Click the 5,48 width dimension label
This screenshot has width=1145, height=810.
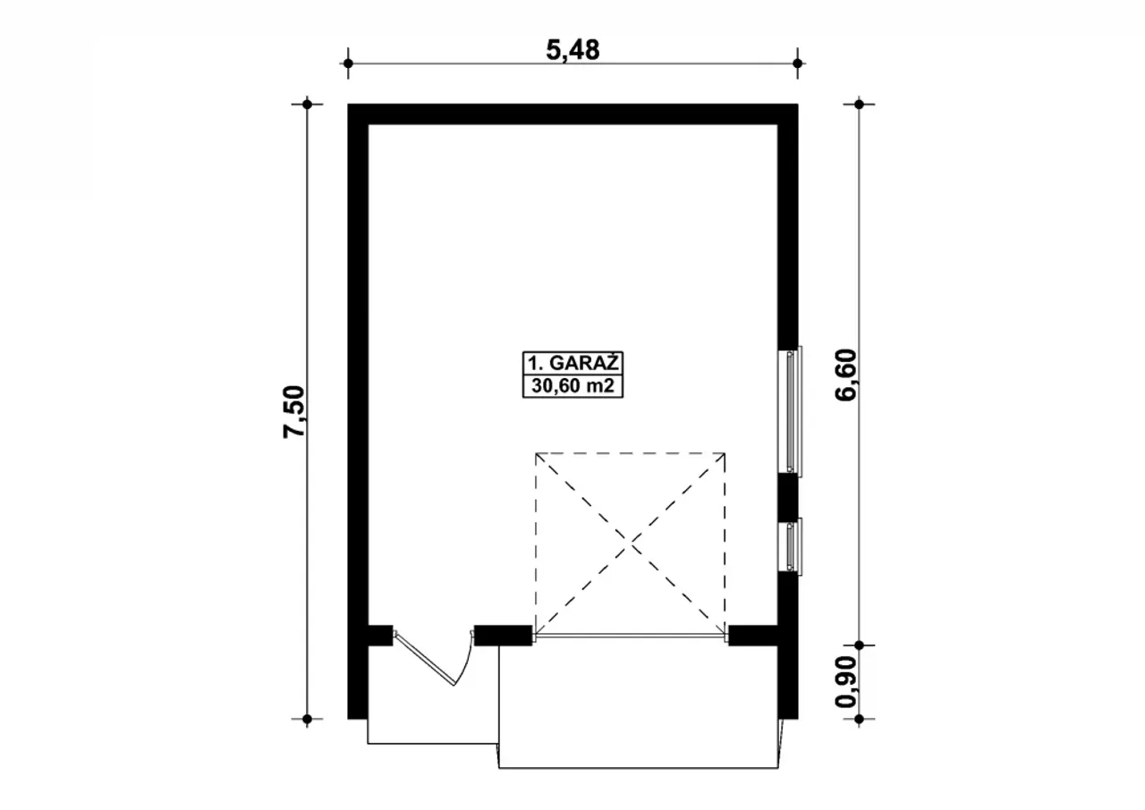(x=572, y=51)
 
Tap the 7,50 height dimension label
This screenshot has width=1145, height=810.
(x=294, y=411)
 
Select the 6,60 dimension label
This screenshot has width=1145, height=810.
(x=845, y=375)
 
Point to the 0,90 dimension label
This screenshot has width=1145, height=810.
(x=845, y=682)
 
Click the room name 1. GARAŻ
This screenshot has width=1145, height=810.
(x=573, y=363)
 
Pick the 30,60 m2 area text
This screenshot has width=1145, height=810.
(x=572, y=386)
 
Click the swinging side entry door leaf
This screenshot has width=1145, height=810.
(x=425, y=659)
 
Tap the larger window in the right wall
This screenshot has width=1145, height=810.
(x=790, y=411)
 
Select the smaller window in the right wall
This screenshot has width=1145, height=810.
(x=790, y=546)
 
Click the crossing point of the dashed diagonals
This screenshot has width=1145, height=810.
(x=631, y=544)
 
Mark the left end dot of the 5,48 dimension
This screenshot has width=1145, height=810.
(x=348, y=63)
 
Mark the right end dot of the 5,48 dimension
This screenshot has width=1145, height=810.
(x=797, y=63)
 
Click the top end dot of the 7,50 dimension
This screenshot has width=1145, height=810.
(x=307, y=105)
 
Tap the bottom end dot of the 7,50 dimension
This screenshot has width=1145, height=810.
(x=307, y=719)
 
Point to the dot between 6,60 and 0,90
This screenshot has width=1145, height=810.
(x=860, y=645)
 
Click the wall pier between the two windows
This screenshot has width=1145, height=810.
(x=788, y=497)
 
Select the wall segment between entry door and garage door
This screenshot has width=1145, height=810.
(x=503, y=636)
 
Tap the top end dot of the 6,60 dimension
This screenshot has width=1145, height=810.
(x=860, y=105)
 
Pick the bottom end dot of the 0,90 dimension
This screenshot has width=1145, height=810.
(x=860, y=719)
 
